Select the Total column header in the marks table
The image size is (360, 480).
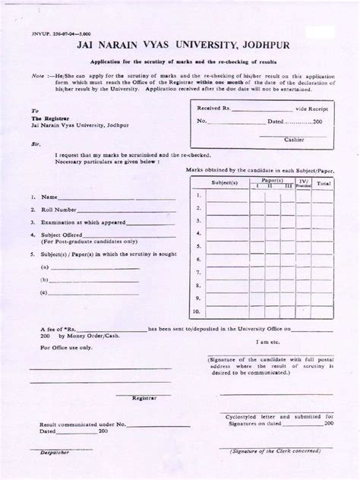pyautogui.click(x=324, y=184)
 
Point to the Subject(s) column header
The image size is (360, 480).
pyautogui.click(x=225, y=184)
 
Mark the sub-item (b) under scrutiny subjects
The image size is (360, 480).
pyautogui.click(x=46, y=280)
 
